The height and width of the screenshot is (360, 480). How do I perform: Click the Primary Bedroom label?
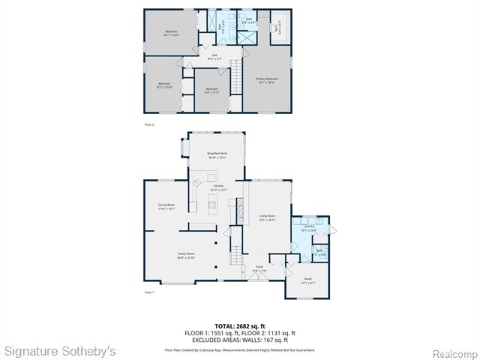click(267, 79)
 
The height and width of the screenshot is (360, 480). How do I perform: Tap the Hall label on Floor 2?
click(214, 56)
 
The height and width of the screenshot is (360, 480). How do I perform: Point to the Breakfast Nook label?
click(217, 155)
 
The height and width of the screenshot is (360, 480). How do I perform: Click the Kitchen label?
click(217, 187)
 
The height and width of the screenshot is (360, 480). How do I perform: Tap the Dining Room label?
click(166, 207)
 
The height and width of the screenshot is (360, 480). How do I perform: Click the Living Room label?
click(267, 217)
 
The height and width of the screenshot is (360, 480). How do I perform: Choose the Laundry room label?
click(308, 228)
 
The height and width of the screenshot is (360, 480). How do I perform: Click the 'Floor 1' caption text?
click(148, 292)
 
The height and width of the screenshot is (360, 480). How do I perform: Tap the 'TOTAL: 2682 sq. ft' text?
click(240, 326)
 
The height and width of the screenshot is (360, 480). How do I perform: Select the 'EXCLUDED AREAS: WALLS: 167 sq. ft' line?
click(240, 340)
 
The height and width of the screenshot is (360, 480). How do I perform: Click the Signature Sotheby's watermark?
click(60, 351)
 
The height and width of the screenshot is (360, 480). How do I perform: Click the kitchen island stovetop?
click(212, 203)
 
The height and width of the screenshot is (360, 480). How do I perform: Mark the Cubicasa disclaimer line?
click(240, 349)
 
